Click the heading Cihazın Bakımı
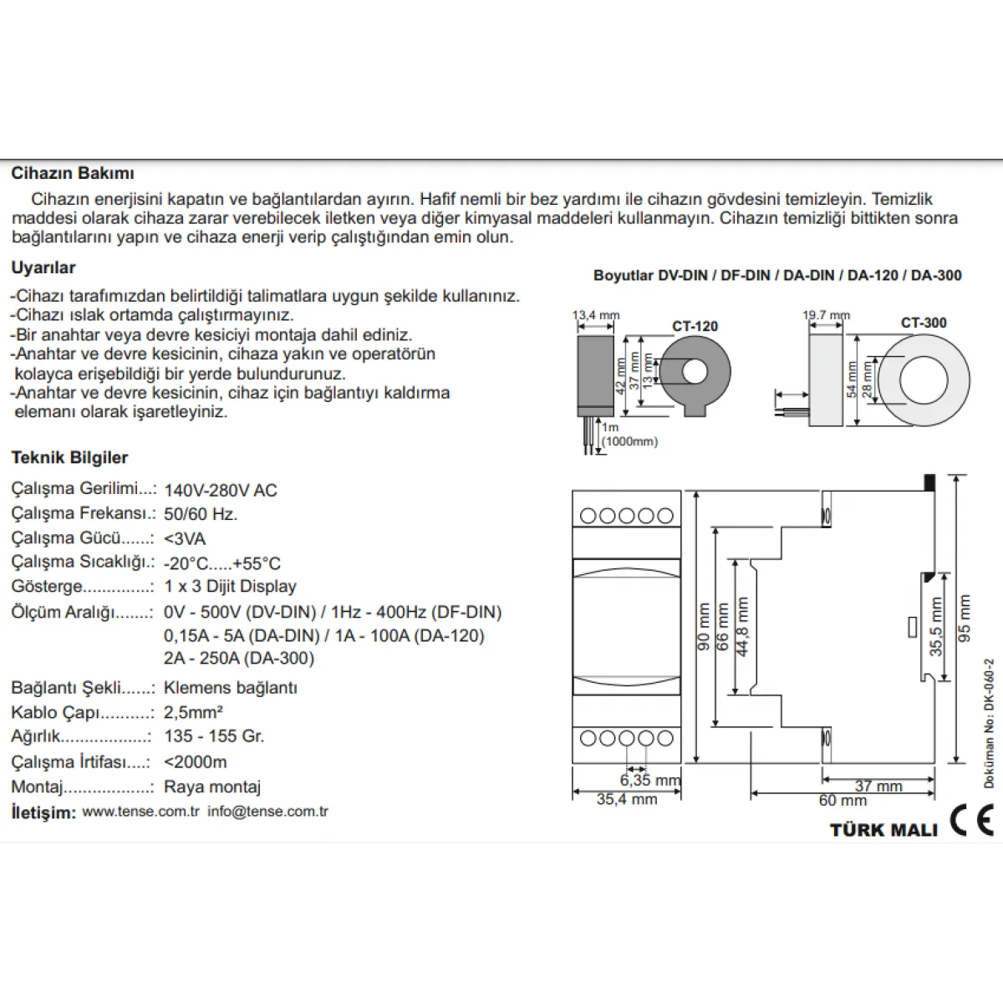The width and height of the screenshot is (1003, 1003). (x=73, y=173)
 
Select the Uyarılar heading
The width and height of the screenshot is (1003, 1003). (x=43, y=267)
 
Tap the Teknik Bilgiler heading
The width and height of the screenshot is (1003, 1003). (x=69, y=457)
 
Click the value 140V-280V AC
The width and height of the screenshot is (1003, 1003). (x=221, y=490)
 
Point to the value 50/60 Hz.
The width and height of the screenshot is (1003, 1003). (x=201, y=514)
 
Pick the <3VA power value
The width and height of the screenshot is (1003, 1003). (x=185, y=538)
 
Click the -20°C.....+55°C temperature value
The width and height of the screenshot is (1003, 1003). (x=222, y=563)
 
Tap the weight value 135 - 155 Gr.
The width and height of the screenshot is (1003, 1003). (x=215, y=736)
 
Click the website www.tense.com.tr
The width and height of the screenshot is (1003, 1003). (x=141, y=812)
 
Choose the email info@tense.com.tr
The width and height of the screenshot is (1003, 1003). (x=268, y=812)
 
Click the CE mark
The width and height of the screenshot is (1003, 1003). (x=972, y=820)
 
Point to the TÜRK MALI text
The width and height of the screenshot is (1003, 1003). (x=883, y=830)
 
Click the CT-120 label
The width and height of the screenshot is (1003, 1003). (x=695, y=326)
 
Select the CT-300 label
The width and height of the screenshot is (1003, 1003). (x=924, y=323)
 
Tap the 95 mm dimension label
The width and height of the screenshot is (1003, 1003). (x=965, y=618)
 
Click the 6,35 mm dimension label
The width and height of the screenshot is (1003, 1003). (x=650, y=780)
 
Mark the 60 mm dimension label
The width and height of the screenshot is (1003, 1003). (x=843, y=800)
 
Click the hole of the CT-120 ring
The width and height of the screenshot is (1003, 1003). (x=695, y=372)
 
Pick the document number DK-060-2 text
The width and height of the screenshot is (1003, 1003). (x=989, y=724)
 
